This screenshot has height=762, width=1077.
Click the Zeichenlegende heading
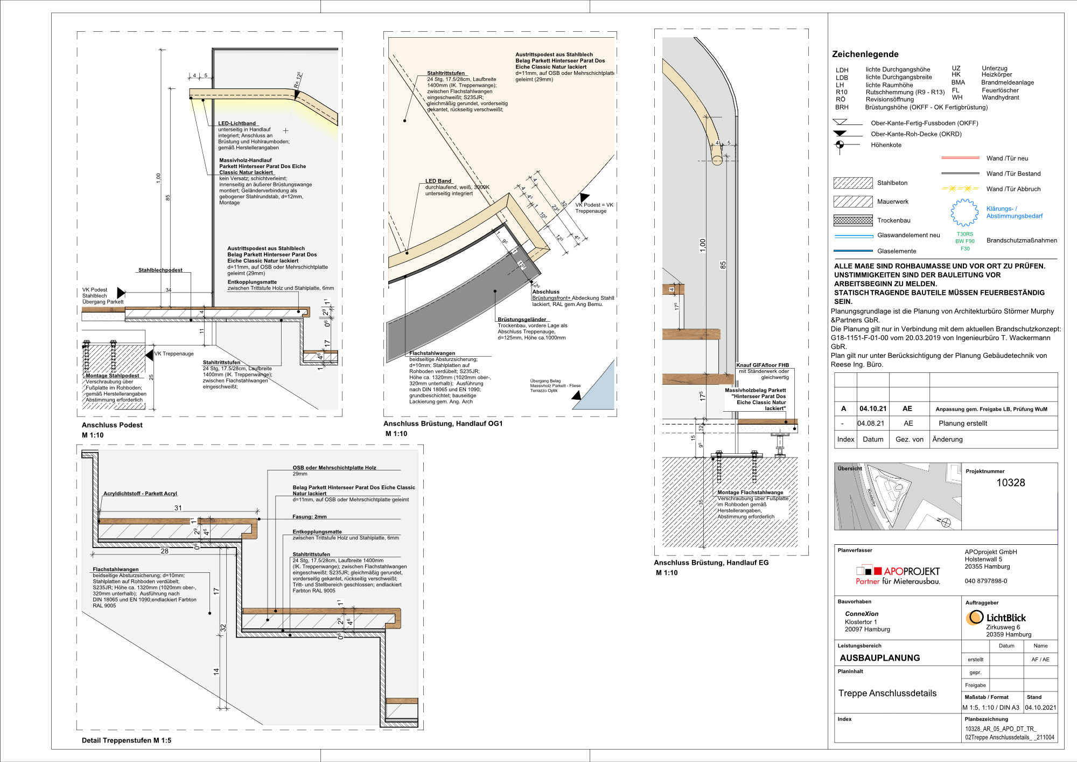point(865,54)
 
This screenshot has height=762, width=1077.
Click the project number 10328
point(1010,483)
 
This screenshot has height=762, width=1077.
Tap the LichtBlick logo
point(996,618)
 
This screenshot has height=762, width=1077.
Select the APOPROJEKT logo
point(898,575)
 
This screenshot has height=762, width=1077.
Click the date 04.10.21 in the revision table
point(872,408)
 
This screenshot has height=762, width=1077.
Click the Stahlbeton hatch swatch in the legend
point(852,183)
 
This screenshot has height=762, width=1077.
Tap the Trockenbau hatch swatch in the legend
point(852,220)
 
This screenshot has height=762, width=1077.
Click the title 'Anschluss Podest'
point(112,425)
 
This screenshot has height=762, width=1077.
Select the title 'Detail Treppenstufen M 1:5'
point(127,740)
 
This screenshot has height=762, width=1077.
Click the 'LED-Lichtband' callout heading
point(236,123)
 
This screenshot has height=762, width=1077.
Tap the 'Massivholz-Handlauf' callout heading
point(245,160)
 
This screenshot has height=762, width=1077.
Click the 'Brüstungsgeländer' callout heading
point(521,320)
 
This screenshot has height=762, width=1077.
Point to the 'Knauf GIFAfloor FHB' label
point(762,365)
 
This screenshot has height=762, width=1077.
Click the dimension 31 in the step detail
point(178,508)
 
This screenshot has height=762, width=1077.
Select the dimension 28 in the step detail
point(164,551)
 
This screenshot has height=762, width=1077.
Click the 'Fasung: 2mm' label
point(309,516)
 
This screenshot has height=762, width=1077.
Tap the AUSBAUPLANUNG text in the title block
point(879,658)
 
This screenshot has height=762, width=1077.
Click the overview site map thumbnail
point(897,497)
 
